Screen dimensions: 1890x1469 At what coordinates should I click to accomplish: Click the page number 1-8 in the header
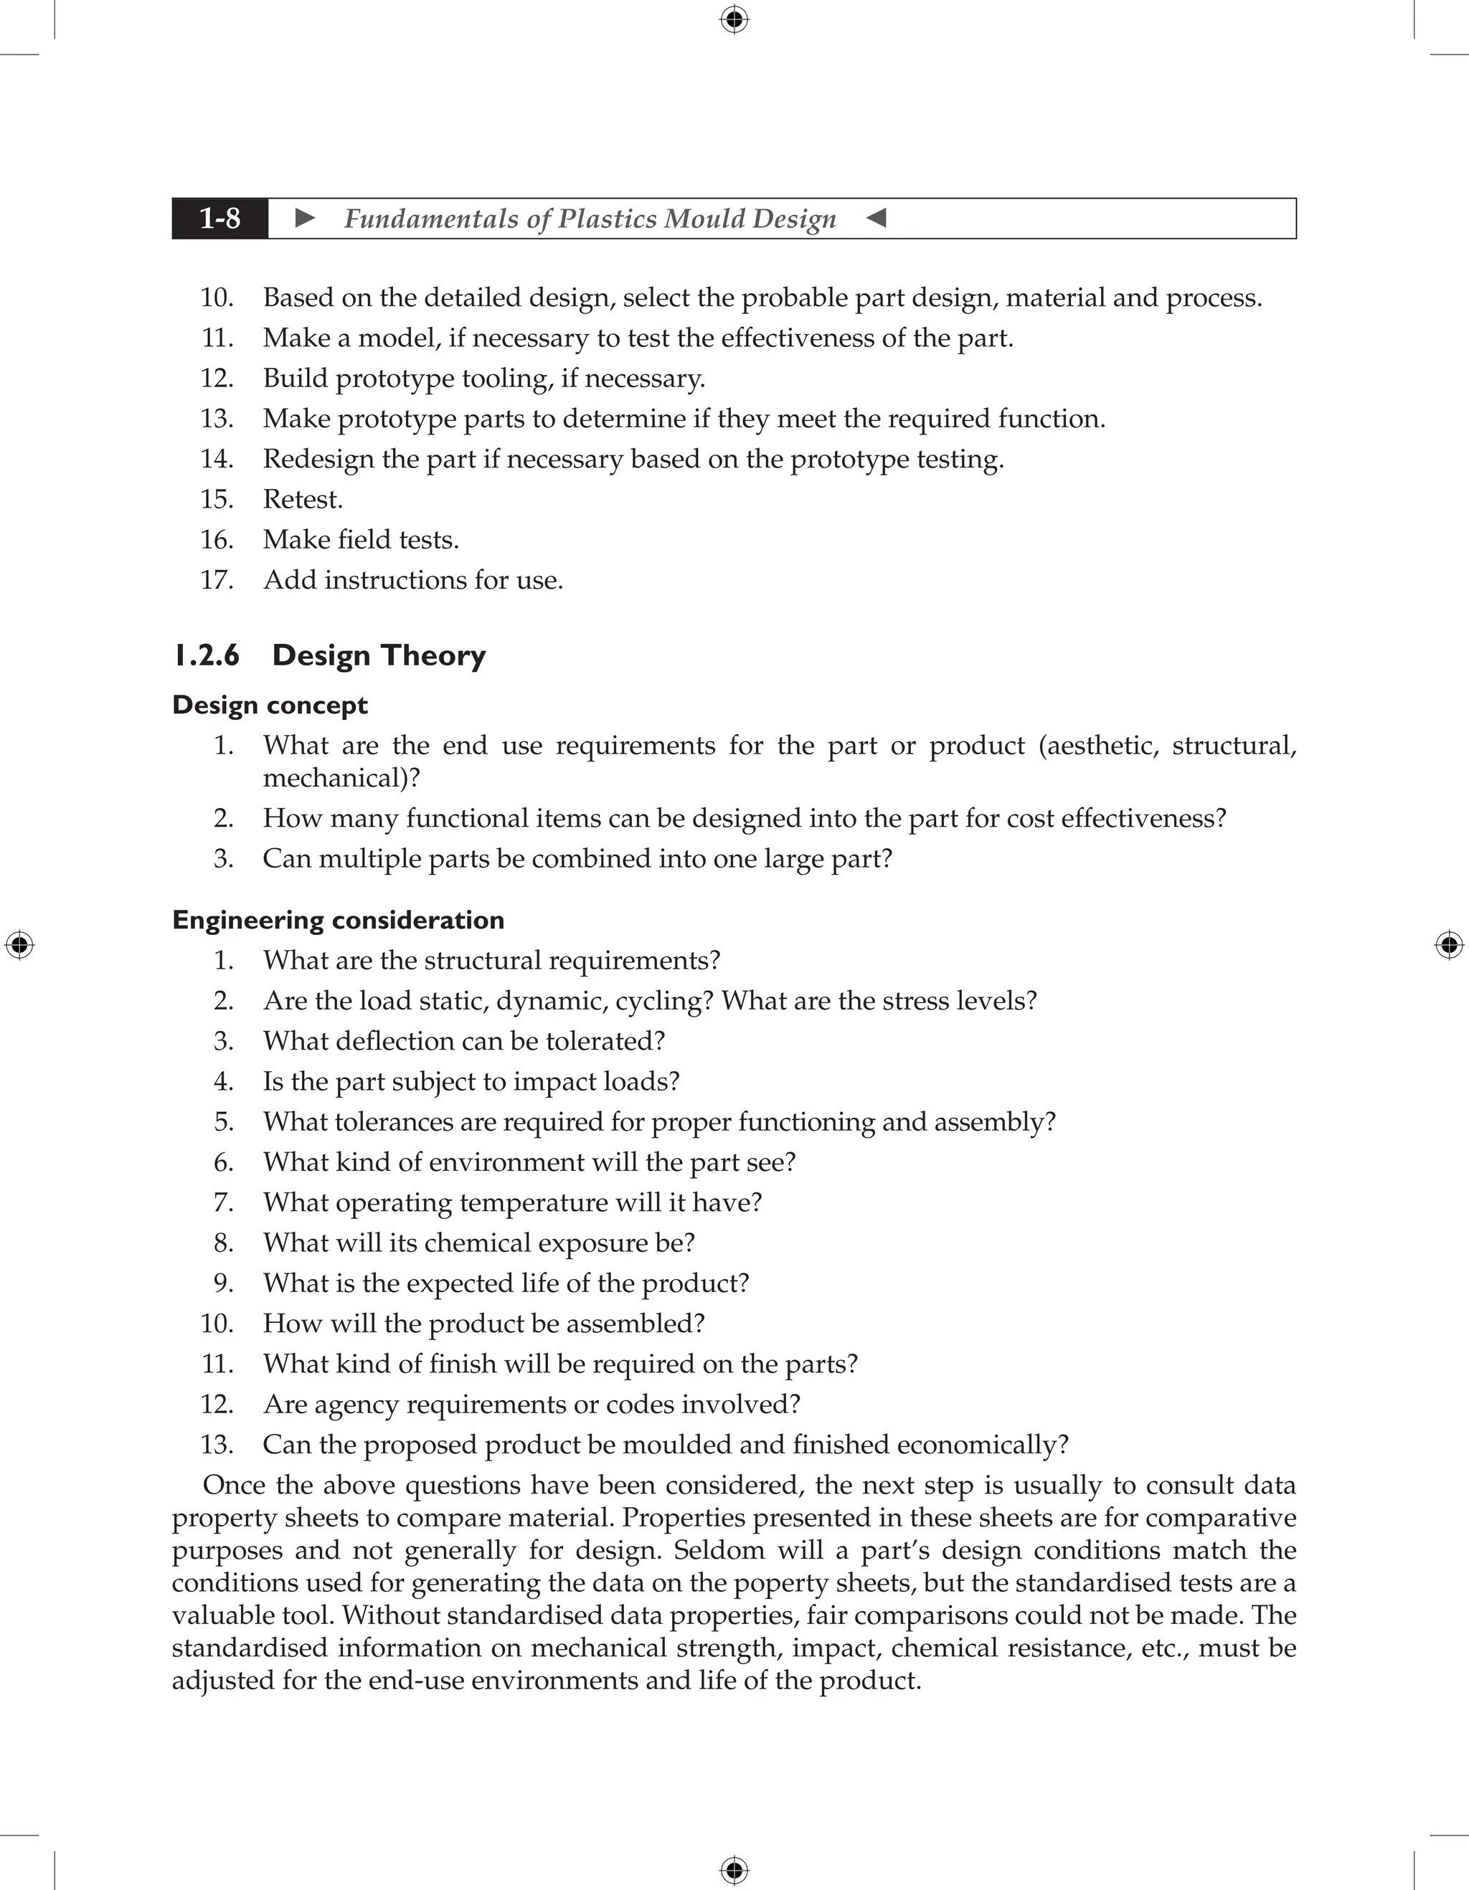[x=220, y=219]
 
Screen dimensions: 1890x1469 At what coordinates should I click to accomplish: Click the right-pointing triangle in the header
[x=305, y=218]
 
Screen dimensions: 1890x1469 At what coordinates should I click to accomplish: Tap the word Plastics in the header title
[x=608, y=219]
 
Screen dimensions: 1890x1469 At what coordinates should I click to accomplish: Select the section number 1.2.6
[x=206, y=655]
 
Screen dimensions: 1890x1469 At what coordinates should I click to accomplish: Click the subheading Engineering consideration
[x=338, y=919]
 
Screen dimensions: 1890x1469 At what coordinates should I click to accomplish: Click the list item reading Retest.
[x=302, y=499]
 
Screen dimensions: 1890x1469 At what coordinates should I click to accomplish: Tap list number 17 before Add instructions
[x=217, y=580]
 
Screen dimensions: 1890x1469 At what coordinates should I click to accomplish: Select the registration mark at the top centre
[x=734, y=19]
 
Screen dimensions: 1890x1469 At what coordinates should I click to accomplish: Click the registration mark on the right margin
[x=1449, y=945]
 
